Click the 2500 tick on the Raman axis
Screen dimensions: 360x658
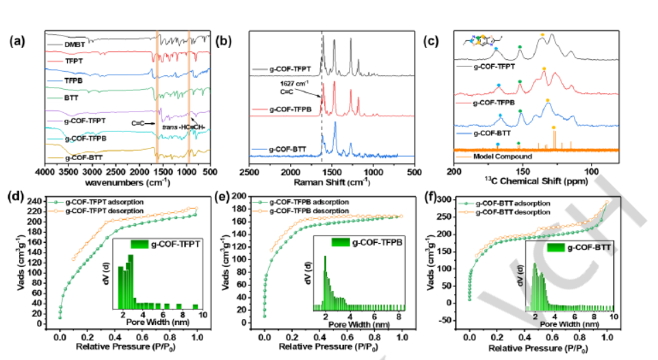(x=250, y=172)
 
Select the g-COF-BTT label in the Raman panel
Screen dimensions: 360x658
(x=280, y=149)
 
